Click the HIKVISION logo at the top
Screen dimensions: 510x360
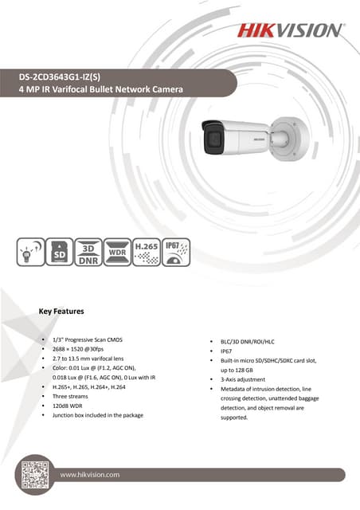coord(289,31)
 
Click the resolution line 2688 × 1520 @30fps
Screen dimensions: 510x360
coord(85,350)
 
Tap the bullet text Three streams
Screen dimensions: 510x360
coord(71,395)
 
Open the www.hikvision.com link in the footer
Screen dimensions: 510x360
coord(90,474)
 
